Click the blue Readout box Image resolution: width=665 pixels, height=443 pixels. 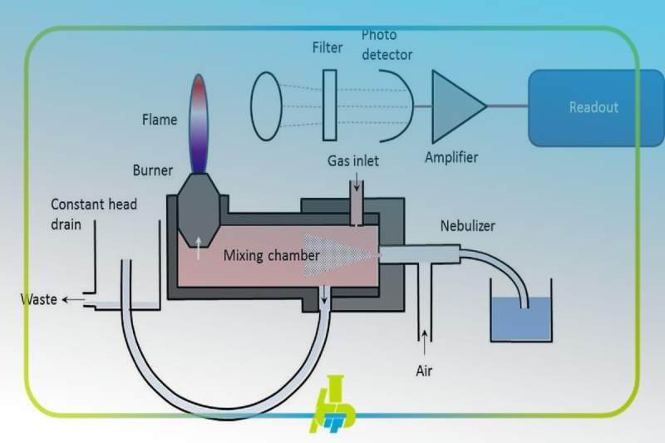593,107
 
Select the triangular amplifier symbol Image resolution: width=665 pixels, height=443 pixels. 456,106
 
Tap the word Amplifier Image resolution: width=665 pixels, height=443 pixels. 451,156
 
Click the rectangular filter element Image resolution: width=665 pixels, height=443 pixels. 330,106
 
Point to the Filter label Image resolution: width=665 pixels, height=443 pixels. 327,47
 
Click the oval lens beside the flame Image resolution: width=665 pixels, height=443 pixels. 266,106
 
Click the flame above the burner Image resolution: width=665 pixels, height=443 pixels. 199,122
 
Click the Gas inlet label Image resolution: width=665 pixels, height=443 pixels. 352,160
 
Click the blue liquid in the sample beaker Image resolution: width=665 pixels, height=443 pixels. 520,320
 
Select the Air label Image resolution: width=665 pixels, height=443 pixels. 424,371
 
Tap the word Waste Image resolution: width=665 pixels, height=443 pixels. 39,299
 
